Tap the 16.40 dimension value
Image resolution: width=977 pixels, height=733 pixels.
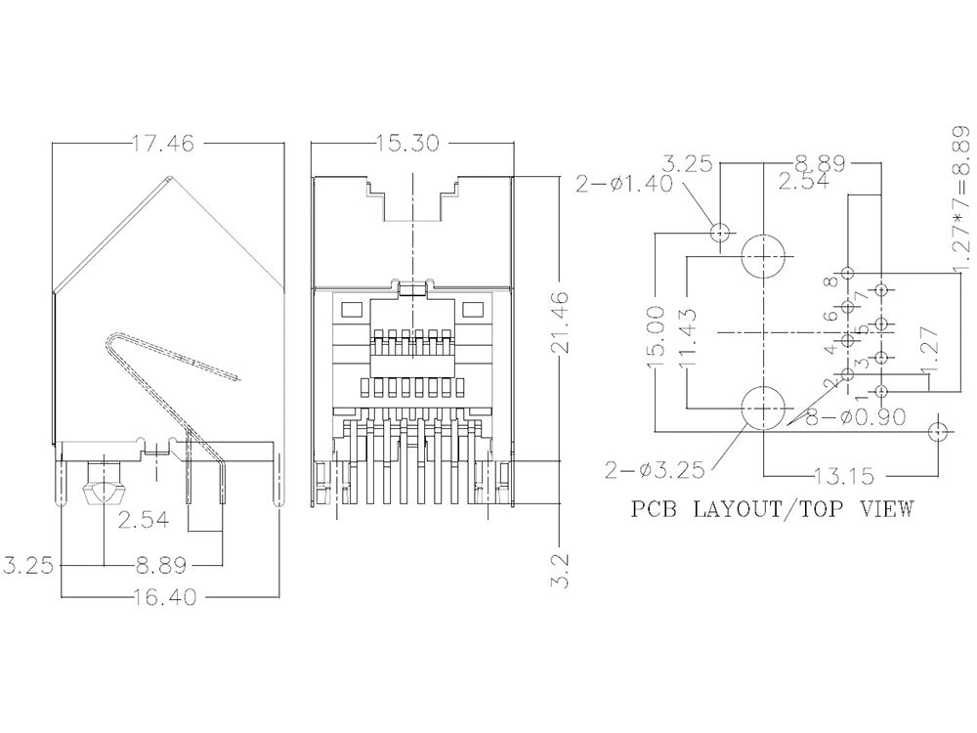tap(170, 595)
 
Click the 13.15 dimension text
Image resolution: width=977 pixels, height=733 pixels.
tap(844, 476)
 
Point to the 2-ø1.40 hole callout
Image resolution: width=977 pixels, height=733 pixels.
tap(624, 184)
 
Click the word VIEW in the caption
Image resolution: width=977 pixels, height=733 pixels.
tap(885, 508)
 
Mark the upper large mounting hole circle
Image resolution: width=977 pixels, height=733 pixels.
tap(763, 258)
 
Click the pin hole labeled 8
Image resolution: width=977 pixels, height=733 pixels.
tap(848, 274)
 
